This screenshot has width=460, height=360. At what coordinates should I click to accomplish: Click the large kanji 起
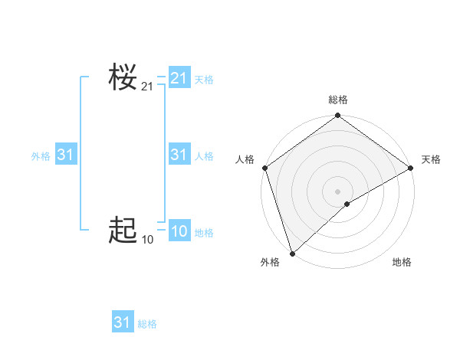tap(123, 230)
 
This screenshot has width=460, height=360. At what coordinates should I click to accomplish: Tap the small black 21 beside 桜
tap(147, 87)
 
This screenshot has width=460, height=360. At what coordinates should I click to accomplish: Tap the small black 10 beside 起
tap(147, 240)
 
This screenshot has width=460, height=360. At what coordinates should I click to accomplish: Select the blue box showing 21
tap(179, 78)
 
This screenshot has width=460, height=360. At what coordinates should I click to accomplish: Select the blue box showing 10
tap(179, 231)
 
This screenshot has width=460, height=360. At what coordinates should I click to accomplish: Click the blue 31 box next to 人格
tap(179, 155)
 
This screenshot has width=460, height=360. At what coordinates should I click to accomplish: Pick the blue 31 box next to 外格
tap(66, 155)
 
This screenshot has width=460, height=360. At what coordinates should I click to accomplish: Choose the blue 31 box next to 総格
tap(122, 322)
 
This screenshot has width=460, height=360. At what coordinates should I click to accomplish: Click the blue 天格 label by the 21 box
tap(204, 79)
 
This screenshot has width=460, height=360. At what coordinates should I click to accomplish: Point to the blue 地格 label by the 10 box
tap(204, 233)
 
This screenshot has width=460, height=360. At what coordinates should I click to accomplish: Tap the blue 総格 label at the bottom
tap(147, 324)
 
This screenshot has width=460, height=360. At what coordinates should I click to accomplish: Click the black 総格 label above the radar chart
tap(338, 100)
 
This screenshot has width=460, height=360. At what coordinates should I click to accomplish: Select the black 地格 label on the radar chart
tap(402, 263)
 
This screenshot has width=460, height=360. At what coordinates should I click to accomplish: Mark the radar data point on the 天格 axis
tap(411, 168)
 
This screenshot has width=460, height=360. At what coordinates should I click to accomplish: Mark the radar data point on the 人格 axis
tap(264, 168)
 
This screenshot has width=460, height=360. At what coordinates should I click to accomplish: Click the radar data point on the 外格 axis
tap(292, 253)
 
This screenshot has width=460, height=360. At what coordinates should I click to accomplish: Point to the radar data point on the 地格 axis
tap(347, 204)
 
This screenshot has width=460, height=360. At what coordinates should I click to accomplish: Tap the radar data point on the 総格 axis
tap(337, 116)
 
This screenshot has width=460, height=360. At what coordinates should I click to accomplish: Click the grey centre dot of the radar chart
tap(337, 191)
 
